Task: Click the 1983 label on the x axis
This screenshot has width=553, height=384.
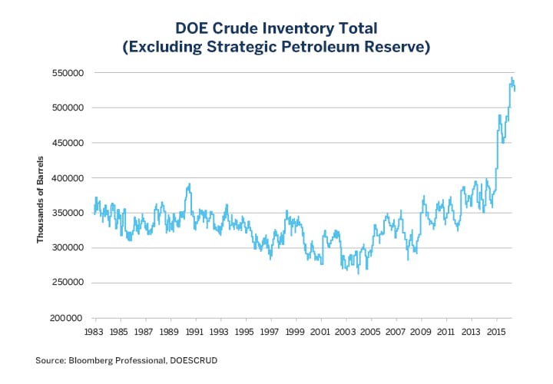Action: [x=94, y=332]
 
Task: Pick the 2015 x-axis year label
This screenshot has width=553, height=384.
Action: [x=496, y=332]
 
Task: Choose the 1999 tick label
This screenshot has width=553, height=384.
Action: [x=295, y=332]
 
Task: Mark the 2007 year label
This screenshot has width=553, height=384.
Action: [x=396, y=332]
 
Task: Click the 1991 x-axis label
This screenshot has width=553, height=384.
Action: [x=194, y=332]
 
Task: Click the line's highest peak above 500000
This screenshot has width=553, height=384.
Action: [x=512, y=78]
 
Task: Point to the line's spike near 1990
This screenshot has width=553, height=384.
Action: [x=189, y=184]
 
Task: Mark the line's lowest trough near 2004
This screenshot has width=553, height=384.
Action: [x=358, y=273]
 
